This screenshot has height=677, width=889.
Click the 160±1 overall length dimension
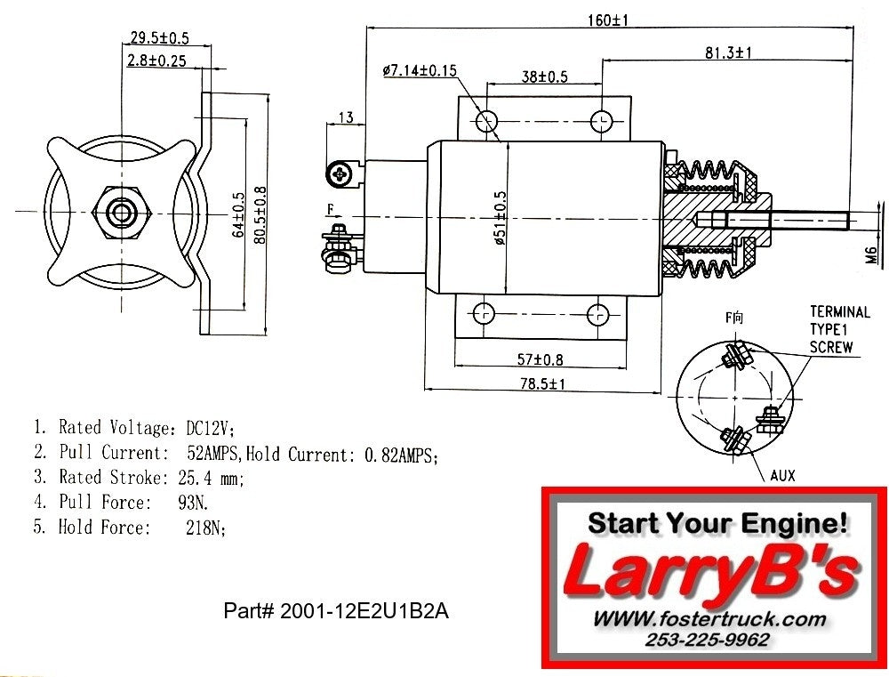[x=607, y=19]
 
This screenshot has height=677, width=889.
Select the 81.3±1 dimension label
[x=728, y=52]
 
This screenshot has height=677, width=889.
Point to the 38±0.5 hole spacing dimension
[x=544, y=77]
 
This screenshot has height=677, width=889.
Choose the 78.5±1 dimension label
[x=543, y=383]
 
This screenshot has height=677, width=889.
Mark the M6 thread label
[x=872, y=254]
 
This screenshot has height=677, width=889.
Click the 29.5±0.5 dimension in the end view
[x=159, y=38]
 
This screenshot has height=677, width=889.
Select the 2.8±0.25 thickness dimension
[x=156, y=60]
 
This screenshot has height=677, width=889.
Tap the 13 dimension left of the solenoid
[x=345, y=117]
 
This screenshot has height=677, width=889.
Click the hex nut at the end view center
[x=122, y=213]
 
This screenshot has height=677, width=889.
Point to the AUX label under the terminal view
[x=782, y=476]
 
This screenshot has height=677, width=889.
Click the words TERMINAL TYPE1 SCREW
[x=838, y=329]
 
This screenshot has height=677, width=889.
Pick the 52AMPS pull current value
[x=213, y=455]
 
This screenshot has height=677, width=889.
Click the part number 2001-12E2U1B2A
[x=342, y=612]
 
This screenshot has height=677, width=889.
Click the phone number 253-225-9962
[x=708, y=639]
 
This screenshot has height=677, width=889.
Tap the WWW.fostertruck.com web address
[x=709, y=618]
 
